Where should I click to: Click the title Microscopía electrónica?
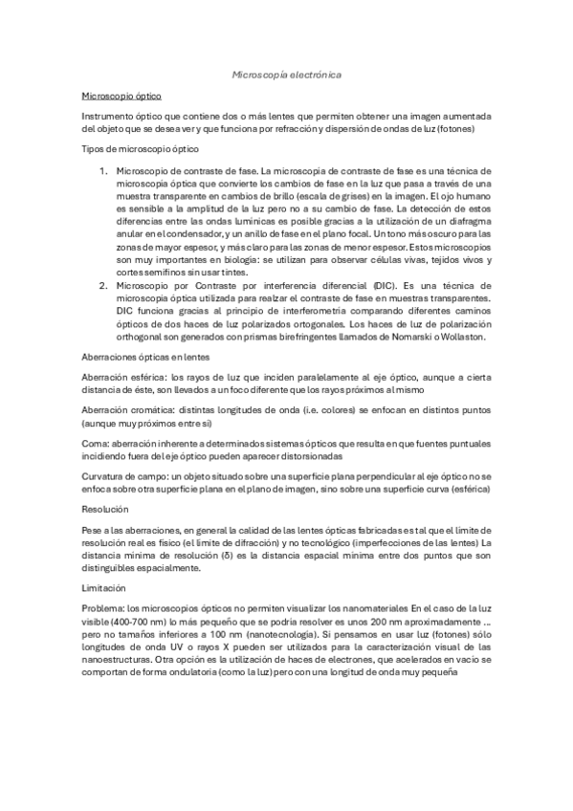pos(286,74)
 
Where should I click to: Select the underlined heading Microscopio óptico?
pos(121,97)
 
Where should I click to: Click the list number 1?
pos(103,169)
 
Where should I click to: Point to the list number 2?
pos(103,286)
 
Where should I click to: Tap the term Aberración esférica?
pos(119,377)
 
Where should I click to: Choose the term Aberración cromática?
pos(122,410)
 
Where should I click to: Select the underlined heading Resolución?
pos(104,510)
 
